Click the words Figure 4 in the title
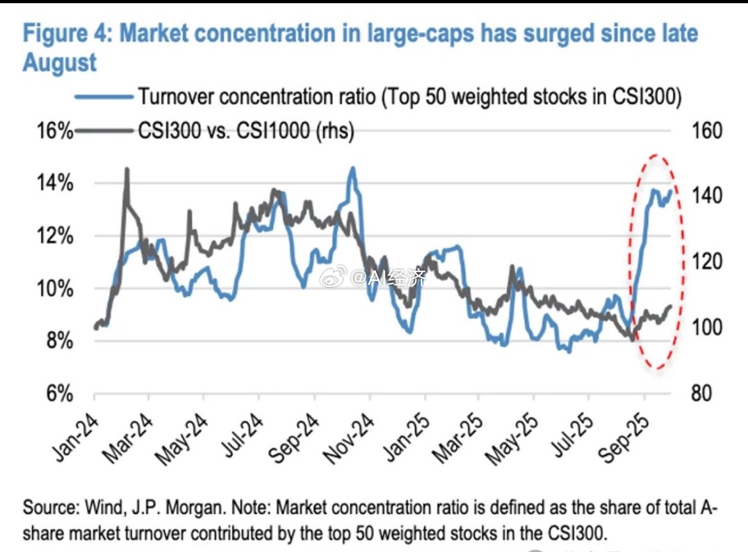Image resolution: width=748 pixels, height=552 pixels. [67, 34]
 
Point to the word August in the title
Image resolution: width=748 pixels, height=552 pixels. [59, 63]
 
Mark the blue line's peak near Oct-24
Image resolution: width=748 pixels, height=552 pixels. [352, 169]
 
